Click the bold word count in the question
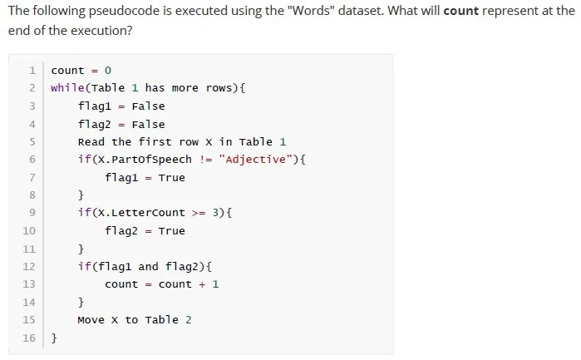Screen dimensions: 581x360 tap(461, 11)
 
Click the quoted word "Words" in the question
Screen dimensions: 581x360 tap(311, 10)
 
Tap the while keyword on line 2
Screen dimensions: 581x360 tap(68, 88)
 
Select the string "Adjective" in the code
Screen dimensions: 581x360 tap(256, 160)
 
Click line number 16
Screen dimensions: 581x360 tap(29, 338)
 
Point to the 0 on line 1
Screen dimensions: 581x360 tap(108, 71)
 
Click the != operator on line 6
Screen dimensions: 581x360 tap(205, 160)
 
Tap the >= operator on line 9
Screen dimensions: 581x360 tap(199, 213)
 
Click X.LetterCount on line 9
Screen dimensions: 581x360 tap(141, 213)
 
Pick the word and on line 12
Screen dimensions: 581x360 tap(148, 266)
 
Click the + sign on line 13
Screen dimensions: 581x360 tap(202, 284)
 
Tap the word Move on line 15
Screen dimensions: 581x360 tap(91, 319)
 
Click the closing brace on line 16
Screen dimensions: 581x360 tap(54, 338)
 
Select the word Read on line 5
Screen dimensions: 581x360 tap(91, 142)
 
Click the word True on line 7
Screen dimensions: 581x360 tap(171, 178)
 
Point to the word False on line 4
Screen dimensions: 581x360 tap(148, 124)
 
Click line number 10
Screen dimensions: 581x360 tap(29, 230)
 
